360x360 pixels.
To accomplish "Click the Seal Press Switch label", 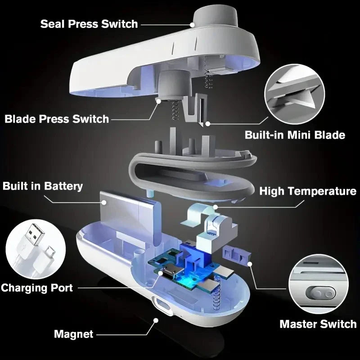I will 89,23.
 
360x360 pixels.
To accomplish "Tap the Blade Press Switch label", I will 57,119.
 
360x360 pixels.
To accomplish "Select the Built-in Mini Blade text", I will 295,135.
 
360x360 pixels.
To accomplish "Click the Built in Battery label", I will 43,186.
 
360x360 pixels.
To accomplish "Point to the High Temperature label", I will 308,191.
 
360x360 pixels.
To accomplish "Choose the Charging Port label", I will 37,288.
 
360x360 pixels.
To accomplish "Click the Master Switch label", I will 318,324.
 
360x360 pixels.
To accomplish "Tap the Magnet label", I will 73,334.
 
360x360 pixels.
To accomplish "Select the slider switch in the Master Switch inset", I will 320,293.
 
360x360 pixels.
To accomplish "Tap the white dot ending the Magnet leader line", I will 156,320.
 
